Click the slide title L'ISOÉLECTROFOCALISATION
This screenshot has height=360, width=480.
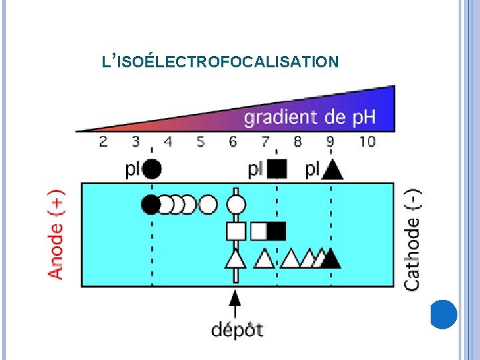[220, 62]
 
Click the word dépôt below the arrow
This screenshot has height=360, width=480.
[237, 329]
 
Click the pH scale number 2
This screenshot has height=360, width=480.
[103, 141]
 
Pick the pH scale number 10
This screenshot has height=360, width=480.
[366, 141]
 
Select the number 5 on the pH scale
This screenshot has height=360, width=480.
[201, 141]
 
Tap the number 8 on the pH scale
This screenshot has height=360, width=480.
[297, 141]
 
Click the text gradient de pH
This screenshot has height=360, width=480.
[309, 118]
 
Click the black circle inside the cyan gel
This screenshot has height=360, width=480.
[151, 203]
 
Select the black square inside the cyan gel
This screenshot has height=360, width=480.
[277, 231]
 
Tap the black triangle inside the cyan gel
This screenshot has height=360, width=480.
[331, 258]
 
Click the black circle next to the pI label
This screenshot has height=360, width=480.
[152, 169]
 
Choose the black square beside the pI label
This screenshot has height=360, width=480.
[276, 169]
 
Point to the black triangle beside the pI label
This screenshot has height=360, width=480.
[332, 170]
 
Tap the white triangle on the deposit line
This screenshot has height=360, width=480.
[235, 258]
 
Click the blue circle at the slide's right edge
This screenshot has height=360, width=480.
[443, 314]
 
